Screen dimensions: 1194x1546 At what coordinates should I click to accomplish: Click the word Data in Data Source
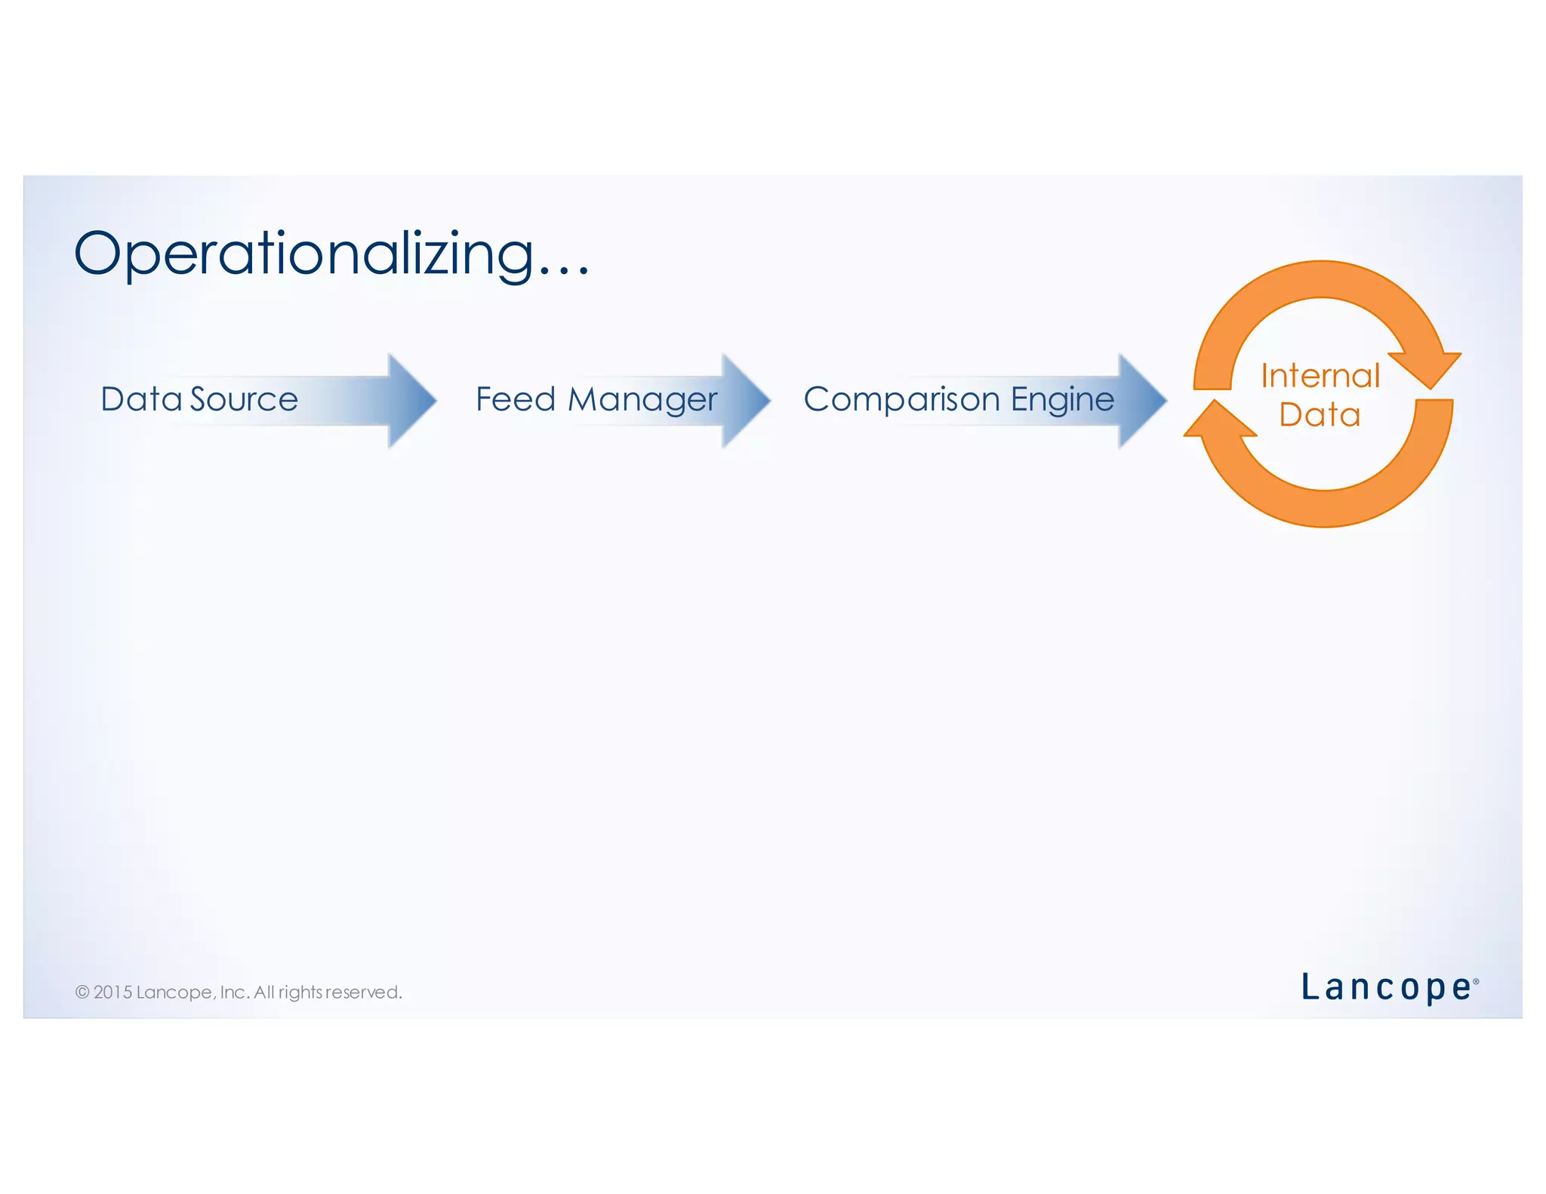point(141,399)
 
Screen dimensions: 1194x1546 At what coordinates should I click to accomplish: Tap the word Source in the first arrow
point(244,399)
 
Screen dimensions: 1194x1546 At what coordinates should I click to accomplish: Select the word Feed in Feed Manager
point(515,399)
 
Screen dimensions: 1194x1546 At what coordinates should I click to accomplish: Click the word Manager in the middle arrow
point(642,400)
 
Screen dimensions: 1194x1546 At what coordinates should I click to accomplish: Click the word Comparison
point(901,399)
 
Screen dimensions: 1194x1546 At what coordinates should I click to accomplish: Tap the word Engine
point(1062,399)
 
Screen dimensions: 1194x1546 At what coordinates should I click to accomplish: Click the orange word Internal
point(1320,376)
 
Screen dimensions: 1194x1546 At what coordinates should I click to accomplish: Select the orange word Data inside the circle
point(1319,415)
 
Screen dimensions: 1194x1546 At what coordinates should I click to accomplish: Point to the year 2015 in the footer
point(112,992)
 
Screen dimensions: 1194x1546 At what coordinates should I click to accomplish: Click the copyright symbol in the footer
point(82,992)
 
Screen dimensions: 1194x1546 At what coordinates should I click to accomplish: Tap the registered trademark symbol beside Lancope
point(1476,982)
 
